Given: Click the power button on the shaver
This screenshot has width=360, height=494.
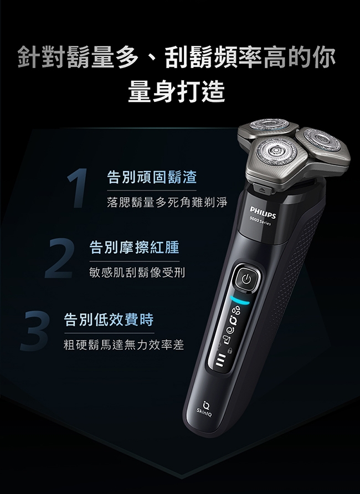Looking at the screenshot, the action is [x=247, y=279].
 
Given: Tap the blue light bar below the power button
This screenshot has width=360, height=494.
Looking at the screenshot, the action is [x=240, y=300].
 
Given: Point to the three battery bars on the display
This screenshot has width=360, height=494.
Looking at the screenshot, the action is [x=221, y=360].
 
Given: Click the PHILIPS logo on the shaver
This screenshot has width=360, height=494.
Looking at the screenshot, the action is [x=263, y=212].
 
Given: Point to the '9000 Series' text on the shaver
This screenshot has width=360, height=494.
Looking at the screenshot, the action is [x=260, y=221].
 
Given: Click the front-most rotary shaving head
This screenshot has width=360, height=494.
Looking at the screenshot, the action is [x=276, y=152].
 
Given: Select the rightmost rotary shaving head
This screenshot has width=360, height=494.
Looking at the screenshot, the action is [x=322, y=140].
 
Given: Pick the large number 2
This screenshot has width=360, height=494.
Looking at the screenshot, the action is [x=59, y=258].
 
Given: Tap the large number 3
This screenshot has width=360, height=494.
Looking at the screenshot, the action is [x=35, y=331].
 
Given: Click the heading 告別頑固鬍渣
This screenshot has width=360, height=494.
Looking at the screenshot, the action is [x=152, y=177].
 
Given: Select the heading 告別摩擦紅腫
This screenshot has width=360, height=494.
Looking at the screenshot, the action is [x=135, y=248].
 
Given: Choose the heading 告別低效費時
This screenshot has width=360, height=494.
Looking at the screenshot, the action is [x=109, y=320].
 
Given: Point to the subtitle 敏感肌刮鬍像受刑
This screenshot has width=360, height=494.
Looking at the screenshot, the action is [x=137, y=272].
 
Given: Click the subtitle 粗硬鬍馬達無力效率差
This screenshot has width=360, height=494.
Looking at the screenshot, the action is [x=124, y=344].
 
